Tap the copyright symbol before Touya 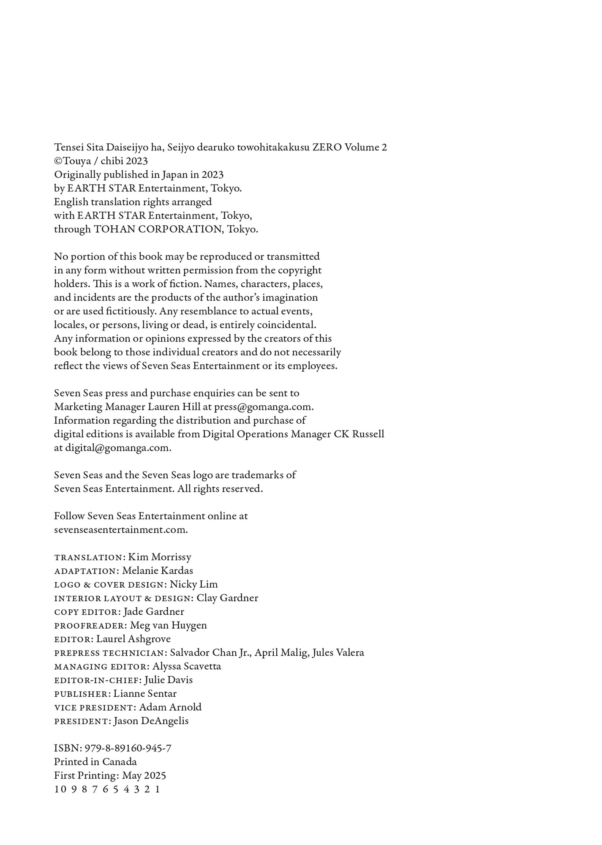pos(58,161)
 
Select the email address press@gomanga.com pos(264,407)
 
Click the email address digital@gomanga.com pos(118,448)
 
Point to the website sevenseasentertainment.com pos(121,530)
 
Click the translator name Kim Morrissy pos(159,557)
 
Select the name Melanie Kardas pos(157,571)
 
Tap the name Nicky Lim pos(193,584)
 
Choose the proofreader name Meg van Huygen pos(168,625)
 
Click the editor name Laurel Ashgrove pos(133,639)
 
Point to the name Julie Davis pos(168,680)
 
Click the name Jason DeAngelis pos(151,721)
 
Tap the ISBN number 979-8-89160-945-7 pos(128,748)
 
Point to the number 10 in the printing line pos(60,789)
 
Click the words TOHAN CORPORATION pos(158,229)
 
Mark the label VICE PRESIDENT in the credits pos(93,708)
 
